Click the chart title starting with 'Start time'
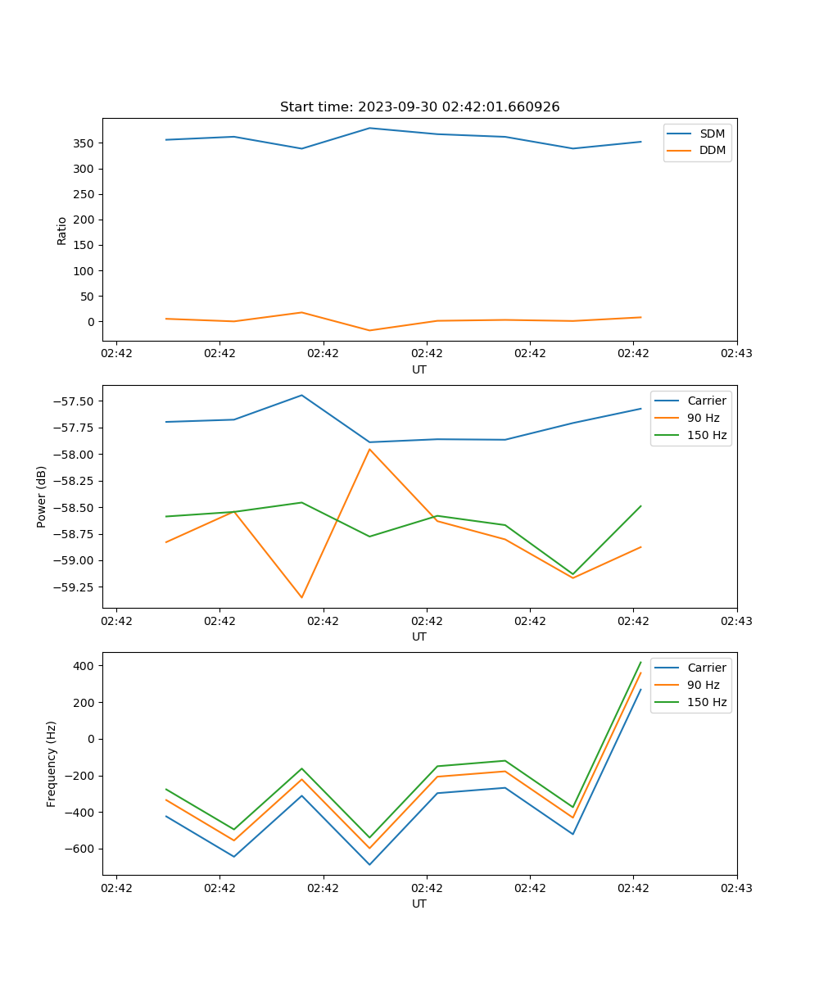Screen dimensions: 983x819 (x=419, y=107)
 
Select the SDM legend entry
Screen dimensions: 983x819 (x=712, y=134)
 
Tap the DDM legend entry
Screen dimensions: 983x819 (x=712, y=151)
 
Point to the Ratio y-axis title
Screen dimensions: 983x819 (x=62, y=230)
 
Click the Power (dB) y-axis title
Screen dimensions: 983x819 (x=42, y=496)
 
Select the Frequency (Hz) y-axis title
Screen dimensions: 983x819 (x=52, y=763)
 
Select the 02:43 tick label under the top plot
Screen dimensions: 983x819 (x=736, y=354)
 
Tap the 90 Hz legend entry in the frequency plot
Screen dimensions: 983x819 (x=703, y=685)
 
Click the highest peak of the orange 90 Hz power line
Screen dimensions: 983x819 (x=369, y=449)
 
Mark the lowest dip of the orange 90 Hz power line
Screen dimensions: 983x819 (x=301, y=597)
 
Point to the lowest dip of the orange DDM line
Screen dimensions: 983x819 (x=369, y=330)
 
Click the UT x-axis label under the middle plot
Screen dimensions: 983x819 (x=419, y=636)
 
